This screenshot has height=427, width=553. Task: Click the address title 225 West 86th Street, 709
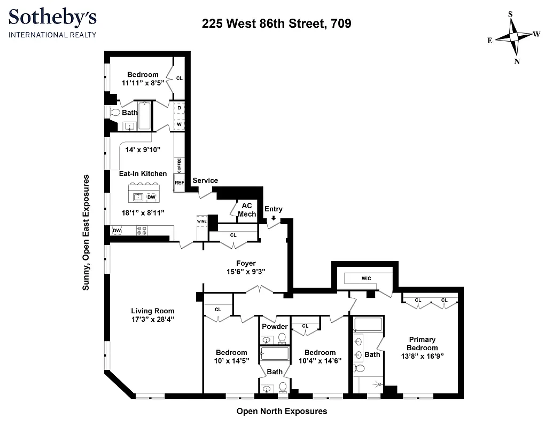pos(276,23)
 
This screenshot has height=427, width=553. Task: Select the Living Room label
pos(153,311)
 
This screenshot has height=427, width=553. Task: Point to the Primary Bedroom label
pos(422,343)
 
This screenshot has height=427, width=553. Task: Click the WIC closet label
pos(366,278)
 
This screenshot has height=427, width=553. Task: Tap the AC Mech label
pos(247,210)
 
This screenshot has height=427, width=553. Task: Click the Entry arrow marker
pos(274,218)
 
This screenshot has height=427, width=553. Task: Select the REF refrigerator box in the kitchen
pos(179,183)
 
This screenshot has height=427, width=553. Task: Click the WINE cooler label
pos(201,220)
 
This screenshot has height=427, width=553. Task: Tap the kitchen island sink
pos(138,197)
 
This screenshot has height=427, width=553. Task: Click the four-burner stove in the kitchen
pos(142,231)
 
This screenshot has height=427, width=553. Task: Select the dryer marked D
pos(179,108)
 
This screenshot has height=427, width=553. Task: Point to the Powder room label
pos(275,327)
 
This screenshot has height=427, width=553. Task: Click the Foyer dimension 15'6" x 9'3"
pos(246,272)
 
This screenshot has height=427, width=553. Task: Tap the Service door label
pos(205,180)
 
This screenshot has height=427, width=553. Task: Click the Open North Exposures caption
pos(282,411)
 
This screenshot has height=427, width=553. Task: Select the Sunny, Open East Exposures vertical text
pos(85,232)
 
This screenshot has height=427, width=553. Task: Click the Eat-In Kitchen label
pos(143,173)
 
